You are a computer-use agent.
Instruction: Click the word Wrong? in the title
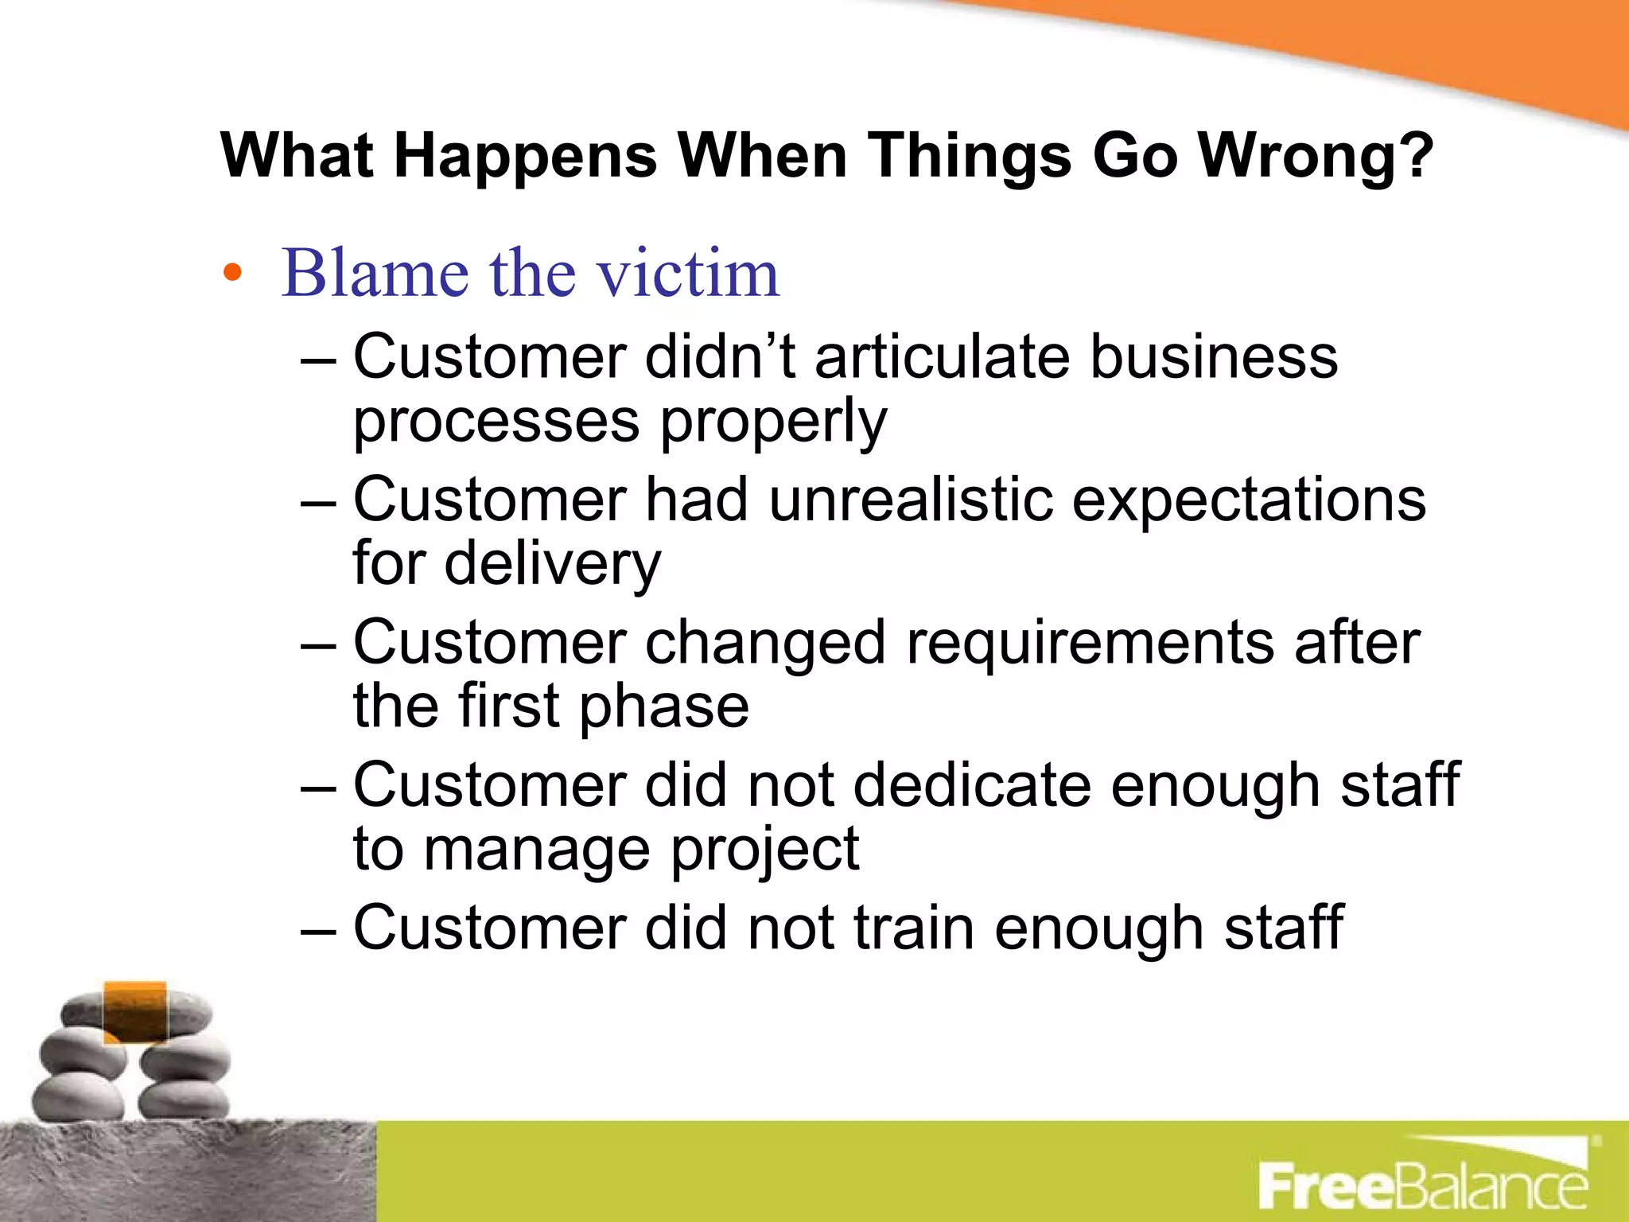(1316, 155)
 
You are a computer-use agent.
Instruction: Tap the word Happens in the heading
(525, 155)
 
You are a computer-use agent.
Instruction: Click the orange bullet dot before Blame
(231, 273)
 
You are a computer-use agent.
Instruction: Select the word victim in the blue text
(688, 273)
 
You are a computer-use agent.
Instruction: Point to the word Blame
(374, 273)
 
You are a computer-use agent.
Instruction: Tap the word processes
(496, 422)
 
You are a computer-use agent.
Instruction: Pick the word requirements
(1090, 643)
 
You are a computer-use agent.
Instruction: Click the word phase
(663, 706)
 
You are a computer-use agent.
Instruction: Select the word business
(1214, 356)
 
